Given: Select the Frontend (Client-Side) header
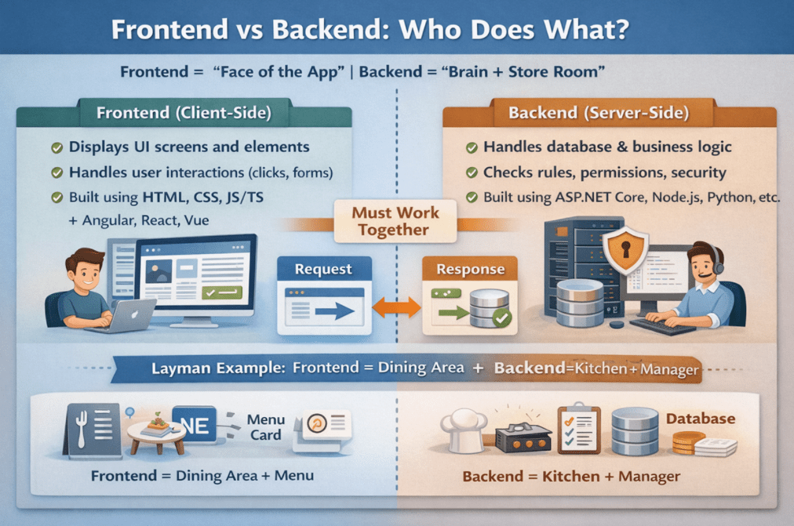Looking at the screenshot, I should click(184, 113).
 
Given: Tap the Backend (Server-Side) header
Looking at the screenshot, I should click(598, 113).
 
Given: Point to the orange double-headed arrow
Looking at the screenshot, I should click(395, 307).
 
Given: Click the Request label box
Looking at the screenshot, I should click(323, 269).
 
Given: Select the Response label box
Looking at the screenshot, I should click(470, 269).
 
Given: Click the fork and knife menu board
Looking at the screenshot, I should click(92, 430).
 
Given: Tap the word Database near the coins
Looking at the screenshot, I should click(701, 419).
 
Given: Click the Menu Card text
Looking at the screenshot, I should click(266, 427).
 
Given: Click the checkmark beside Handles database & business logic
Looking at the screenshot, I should click(472, 147).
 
